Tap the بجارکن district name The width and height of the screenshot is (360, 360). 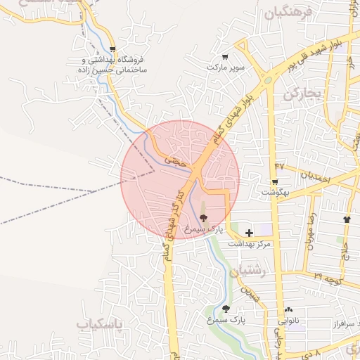coord(302,94)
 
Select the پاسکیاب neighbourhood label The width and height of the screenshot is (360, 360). coord(99,323)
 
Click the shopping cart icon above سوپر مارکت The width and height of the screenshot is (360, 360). coord(225,57)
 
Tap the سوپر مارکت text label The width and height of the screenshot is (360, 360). coord(225,67)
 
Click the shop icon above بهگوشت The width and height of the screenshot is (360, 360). coord(265,181)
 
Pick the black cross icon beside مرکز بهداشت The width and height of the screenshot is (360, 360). coord(250,233)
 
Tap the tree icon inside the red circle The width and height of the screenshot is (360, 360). coord(204,218)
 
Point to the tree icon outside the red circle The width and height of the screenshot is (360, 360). coord(226,309)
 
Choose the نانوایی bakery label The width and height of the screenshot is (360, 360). coord(290,320)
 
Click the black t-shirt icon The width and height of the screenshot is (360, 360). coord(347,219)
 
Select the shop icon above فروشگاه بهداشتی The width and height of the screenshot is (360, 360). coord(113,49)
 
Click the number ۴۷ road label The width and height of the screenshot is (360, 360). coord(280,165)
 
